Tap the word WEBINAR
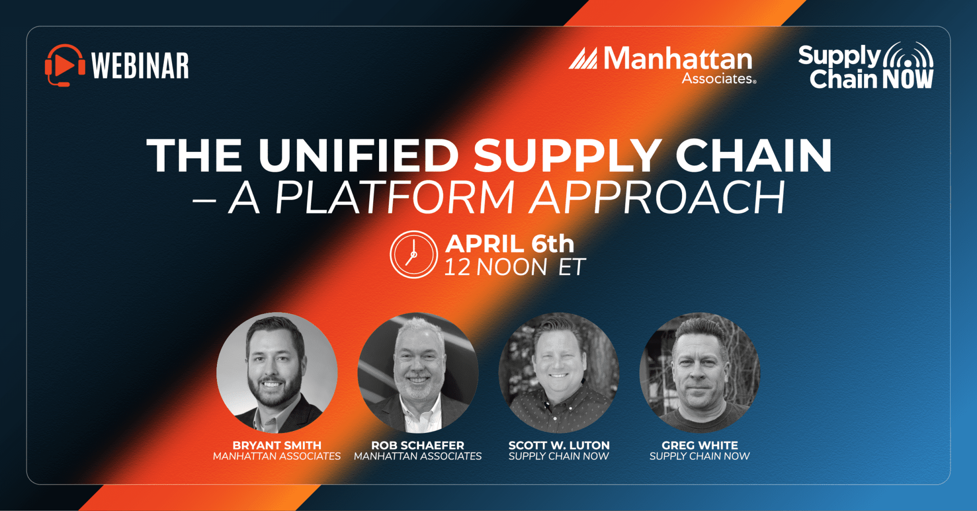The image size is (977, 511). click(x=140, y=66)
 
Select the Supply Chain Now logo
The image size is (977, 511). click(x=866, y=66)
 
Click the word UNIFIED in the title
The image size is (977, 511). click(x=359, y=156)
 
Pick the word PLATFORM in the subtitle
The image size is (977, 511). click(x=395, y=198)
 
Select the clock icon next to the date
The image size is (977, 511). click(x=414, y=254)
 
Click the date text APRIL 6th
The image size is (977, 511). click(x=510, y=244)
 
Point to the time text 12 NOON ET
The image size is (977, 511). click(x=515, y=267)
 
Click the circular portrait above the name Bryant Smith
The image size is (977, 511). click(x=277, y=373)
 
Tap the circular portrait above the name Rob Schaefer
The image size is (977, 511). click(x=418, y=373)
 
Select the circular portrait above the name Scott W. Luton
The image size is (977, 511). click(x=559, y=373)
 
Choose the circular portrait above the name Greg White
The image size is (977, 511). click(x=700, y=373)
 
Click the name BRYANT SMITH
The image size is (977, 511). click(x=277, y=446)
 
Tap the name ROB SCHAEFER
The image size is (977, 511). click(x=418, y=446)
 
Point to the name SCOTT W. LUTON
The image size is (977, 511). click(x=559, y=446)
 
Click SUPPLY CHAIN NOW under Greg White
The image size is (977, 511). click(x=700, y=456)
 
